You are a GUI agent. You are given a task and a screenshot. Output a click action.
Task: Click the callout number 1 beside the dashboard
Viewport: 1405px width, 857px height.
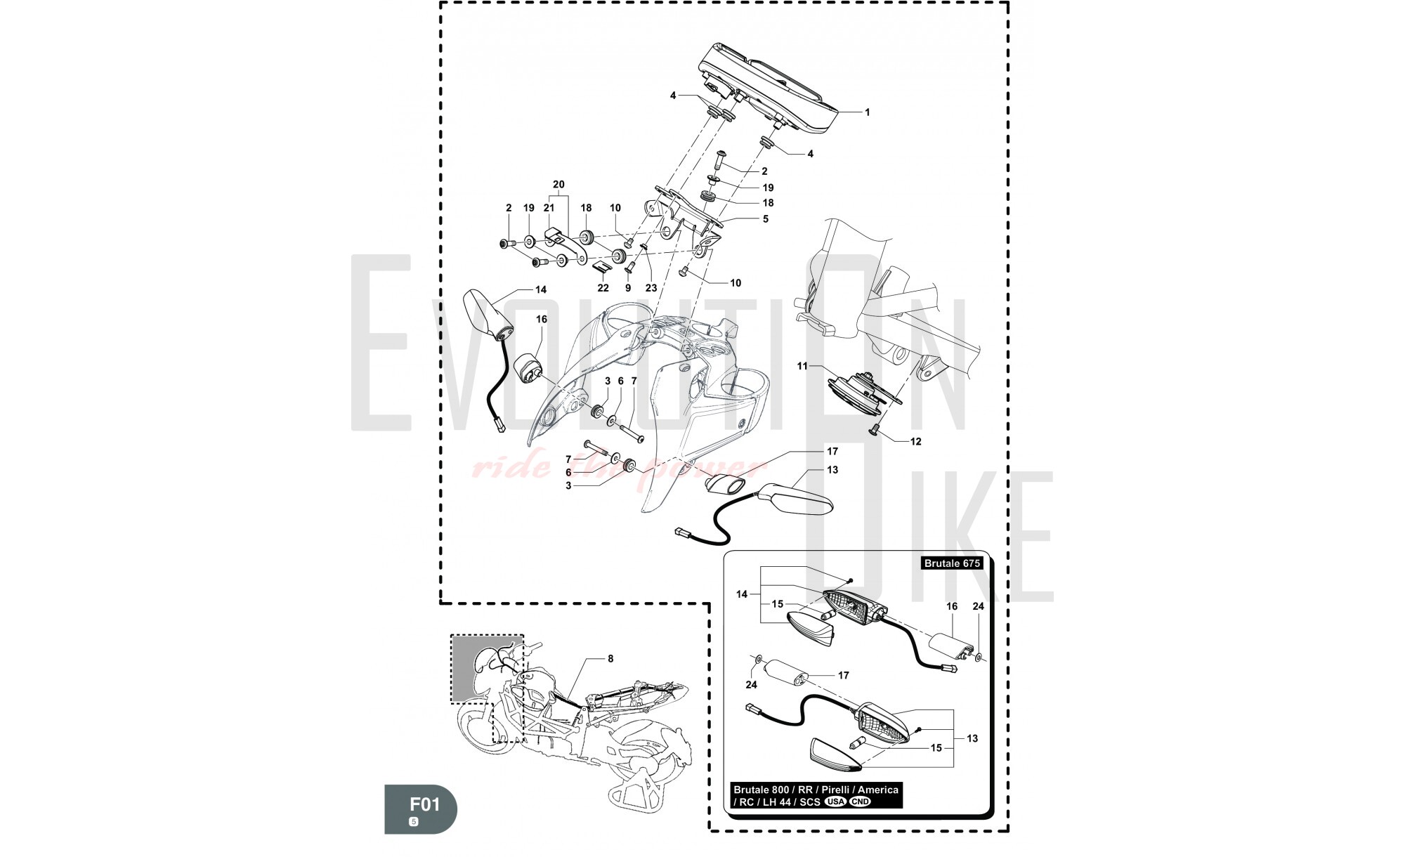click(x=867, y=112)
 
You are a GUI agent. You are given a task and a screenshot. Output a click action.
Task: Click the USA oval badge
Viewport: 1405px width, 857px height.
click(x=835, y=802)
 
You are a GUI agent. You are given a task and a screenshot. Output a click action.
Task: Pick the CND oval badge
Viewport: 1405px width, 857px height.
click(x=859, y=802)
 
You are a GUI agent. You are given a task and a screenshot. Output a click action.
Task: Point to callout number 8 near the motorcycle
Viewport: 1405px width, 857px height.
click(x=610, y=659)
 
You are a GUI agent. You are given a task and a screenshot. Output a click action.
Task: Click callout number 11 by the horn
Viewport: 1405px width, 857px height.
click(x=803, y=366)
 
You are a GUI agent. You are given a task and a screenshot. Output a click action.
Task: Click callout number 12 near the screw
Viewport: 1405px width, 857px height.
click(x=915, y=442)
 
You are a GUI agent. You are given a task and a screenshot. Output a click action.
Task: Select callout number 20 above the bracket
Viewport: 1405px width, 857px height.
click(x=558, y=185)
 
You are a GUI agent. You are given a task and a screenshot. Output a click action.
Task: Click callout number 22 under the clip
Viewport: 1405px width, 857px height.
click(x=603, y=288)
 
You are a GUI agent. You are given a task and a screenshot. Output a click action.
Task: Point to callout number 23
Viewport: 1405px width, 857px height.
click(x=651, y=288)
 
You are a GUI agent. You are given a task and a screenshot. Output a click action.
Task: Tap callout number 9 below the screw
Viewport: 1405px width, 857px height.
click(x=628, y=288)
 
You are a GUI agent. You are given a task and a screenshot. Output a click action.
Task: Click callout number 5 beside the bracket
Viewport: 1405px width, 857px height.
click(x=765, y=219)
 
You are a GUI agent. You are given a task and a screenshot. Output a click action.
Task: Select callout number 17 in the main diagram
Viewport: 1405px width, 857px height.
click(x=832, y=451)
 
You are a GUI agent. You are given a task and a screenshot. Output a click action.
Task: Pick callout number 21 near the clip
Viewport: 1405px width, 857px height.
click(x=549, y=208)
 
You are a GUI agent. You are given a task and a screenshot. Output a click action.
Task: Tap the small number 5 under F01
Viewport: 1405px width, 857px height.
click(x=414, y=822)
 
